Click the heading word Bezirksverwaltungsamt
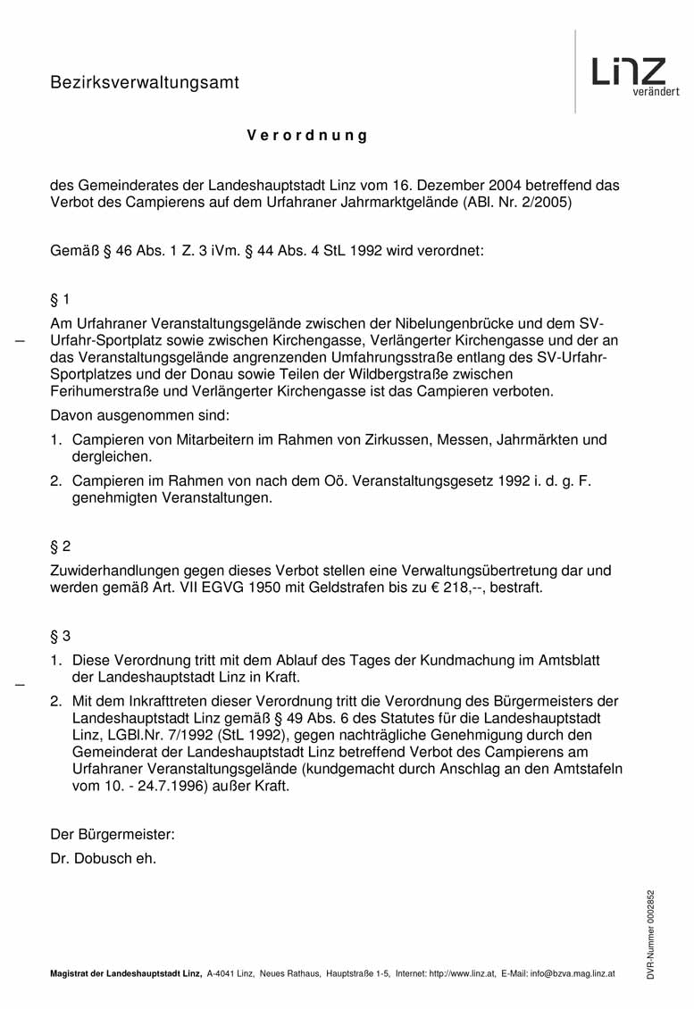(x=145, y=83)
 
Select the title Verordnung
(x=307, y=137)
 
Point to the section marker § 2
(x=60, y=546)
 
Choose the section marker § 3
(x=60, y=637)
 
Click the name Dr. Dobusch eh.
(x=104, y=859)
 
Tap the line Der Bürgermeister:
(x=113, y=835)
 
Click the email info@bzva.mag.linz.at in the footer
(x=572, y=974)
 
